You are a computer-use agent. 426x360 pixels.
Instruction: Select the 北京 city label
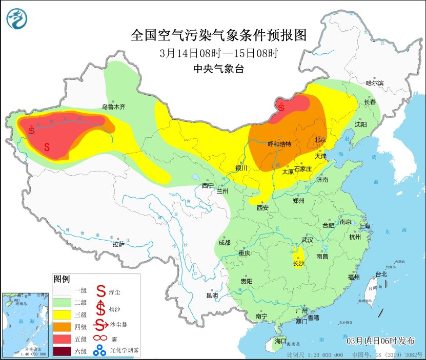(320, 139)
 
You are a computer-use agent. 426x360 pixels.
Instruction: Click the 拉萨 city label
(118, 244)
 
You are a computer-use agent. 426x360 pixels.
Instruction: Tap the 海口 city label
(280, 341)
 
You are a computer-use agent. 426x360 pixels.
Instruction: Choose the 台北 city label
(381, 274)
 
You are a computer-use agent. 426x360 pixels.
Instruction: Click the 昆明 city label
(212, 295)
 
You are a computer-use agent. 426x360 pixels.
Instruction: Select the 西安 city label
(262, 207)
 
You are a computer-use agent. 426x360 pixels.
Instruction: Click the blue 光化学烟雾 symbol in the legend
(98, 351)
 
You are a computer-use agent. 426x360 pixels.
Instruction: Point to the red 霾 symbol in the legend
(98, 338)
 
